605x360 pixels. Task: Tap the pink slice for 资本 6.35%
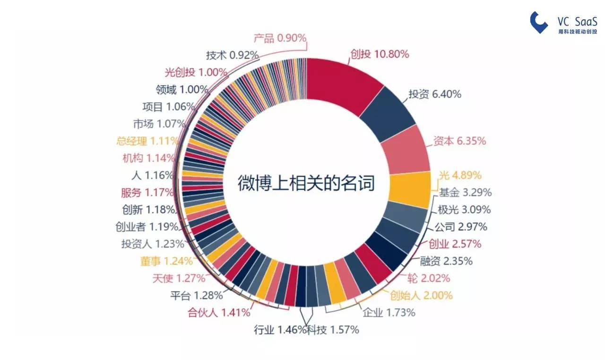(x=405, y=151)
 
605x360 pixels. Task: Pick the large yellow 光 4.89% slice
(x=410, y=190)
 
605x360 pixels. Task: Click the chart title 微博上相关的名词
(x=306, y=183)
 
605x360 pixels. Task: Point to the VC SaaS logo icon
(x=538, y=22)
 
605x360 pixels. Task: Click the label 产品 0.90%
(x=280, y=38)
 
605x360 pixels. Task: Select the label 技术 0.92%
(x=232, y=55)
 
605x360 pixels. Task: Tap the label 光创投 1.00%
(x=196, y=72)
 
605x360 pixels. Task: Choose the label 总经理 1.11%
(x=147, y=141)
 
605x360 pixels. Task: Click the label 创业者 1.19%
(x=147, y=227)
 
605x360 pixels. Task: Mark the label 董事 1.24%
(x=166, y=261)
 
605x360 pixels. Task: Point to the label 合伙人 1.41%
(x=219, y=312)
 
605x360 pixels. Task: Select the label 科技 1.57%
(x=333, y=330)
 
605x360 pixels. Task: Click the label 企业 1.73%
(x=389, y=312)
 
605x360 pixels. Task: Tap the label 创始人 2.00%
(x=421, y=295)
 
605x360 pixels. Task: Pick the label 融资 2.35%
(x=446, y=261)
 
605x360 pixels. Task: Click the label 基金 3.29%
(x=465, y=192)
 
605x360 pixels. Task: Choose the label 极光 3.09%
(x=464, y=209)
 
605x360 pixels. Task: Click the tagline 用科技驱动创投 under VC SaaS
(x=578, y=32)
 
